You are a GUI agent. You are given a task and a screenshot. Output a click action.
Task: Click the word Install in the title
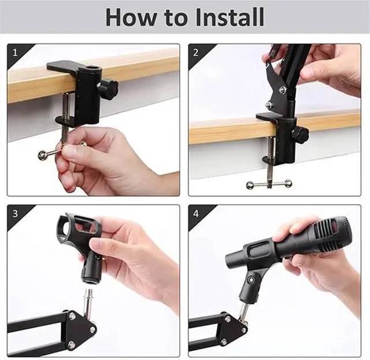[230, 17]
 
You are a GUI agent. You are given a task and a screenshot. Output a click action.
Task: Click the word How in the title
[131, 17]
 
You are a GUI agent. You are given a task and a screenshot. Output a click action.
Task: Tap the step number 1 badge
[16, 53]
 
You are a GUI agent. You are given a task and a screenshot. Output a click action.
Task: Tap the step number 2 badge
[195, 53]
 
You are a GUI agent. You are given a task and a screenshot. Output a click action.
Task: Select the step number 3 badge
[16, 214]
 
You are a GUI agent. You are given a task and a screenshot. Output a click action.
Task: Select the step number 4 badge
[196, 214]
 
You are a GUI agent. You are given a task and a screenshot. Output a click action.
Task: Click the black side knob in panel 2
[299, 134]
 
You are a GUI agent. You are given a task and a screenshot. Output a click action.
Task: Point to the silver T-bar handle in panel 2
[269, 183]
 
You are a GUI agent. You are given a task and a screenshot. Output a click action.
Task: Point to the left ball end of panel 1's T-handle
[42, 155]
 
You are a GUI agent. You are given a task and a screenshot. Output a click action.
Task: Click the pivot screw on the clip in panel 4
[250, 280]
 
